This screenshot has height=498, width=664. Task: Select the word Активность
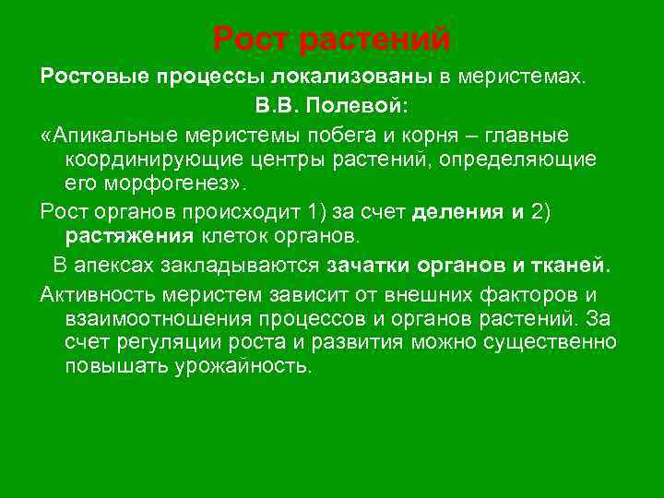(98, 294)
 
